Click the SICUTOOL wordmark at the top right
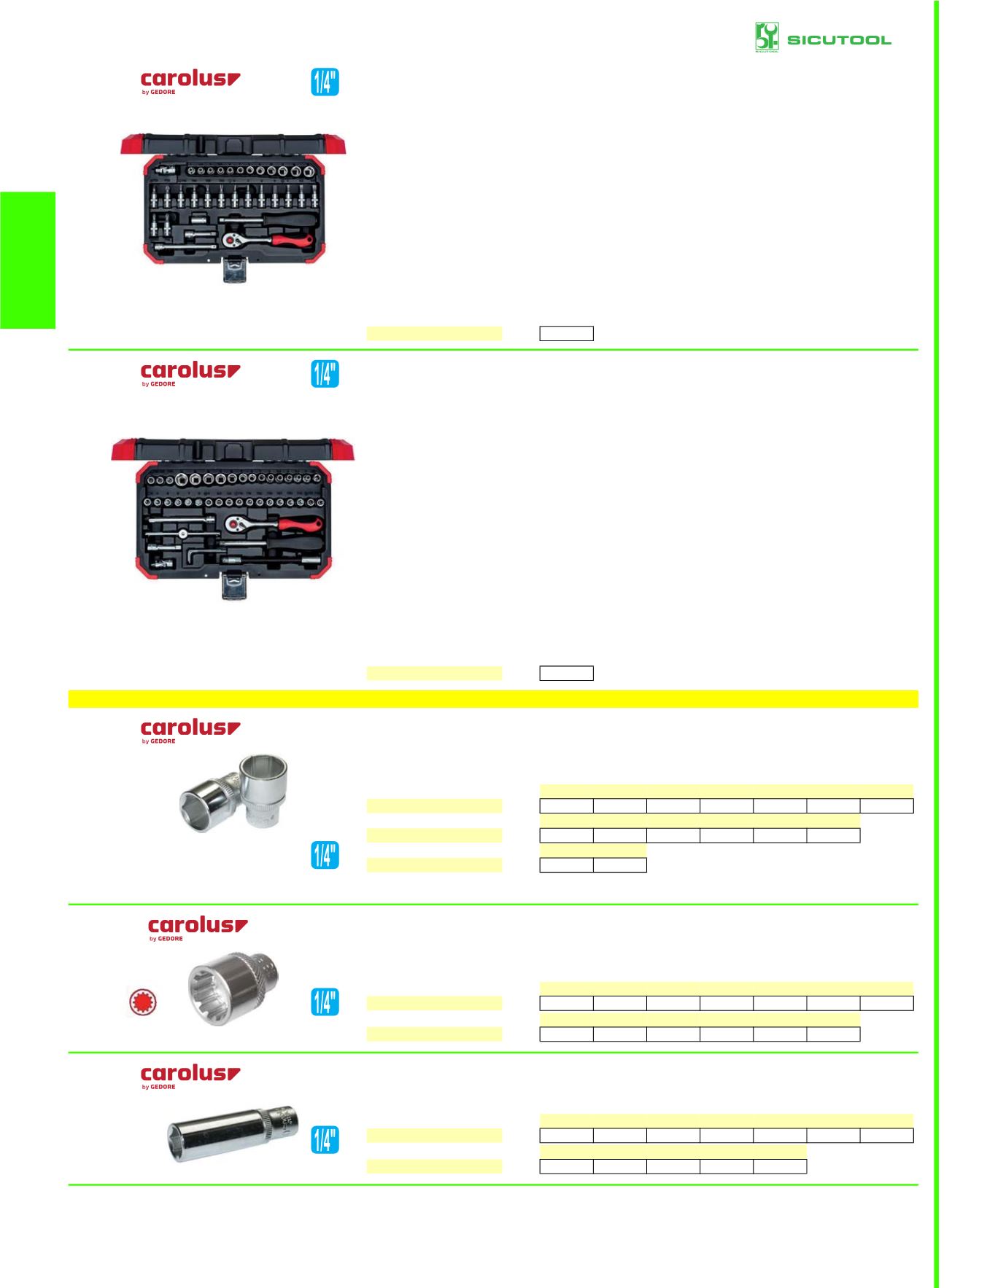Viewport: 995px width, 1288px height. point(839,40)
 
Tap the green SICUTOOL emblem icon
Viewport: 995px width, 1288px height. point(766,37)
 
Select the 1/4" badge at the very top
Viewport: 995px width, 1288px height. point(325,82)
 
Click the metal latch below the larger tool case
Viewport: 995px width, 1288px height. point(234,586)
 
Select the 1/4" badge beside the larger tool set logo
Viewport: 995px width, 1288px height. point(325,374)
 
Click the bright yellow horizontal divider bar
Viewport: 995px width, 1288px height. point(493,699)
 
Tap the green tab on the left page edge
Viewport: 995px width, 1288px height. point(28,260)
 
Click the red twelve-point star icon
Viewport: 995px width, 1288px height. point(143,1002)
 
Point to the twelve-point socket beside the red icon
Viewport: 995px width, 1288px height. point(232,988)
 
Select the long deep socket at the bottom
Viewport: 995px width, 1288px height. point(232,1133)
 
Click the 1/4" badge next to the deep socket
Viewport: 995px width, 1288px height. point(325,1139)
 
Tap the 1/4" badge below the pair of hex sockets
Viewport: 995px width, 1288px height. point(325,855)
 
